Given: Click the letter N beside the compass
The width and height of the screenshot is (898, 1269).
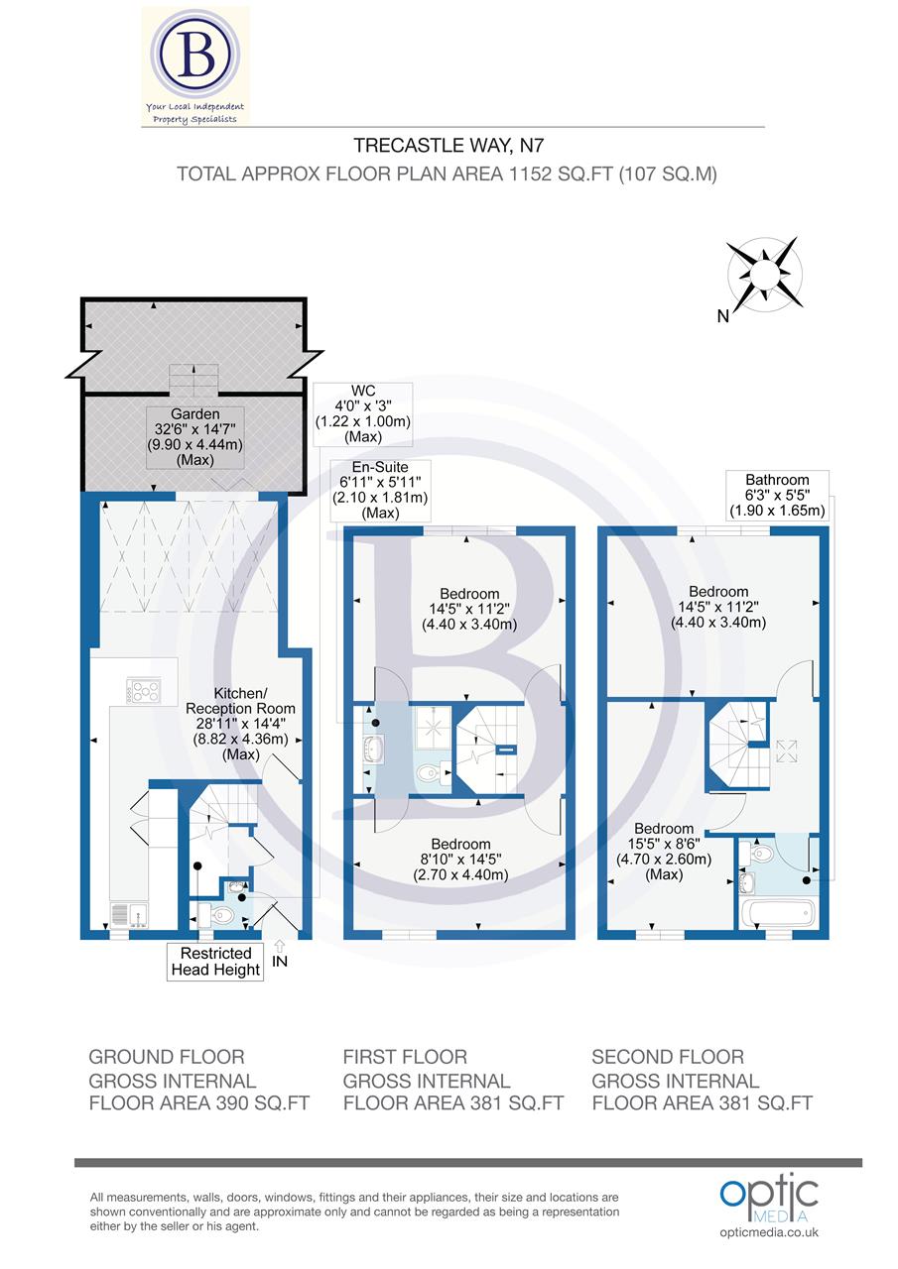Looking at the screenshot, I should click(723, 316).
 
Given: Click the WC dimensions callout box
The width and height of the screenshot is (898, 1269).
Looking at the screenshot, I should click(362, 413).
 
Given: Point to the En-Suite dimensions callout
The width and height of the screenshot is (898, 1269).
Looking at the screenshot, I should click(380, 490).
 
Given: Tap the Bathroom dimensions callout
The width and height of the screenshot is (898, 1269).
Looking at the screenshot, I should click(778, 495).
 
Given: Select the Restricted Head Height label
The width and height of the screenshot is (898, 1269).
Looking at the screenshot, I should click(215, 961).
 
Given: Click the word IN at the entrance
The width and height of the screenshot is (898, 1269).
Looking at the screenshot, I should click(282, 961).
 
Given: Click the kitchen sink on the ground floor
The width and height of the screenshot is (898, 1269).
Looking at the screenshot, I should click(128, 913).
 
